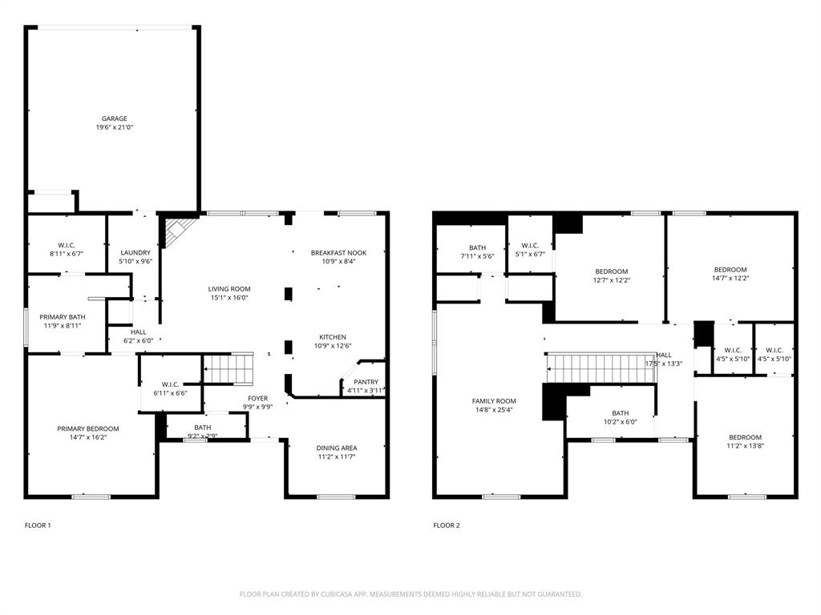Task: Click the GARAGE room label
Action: [x=114, y=119]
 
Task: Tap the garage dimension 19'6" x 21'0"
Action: [x=114, y=127]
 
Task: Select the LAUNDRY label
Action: [x=135, y=253]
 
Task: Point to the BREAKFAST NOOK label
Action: [x=339, y=253]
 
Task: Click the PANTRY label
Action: [x=366, y=382]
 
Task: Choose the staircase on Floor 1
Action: [x=228, y=370]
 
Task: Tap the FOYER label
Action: [x=257, y=398]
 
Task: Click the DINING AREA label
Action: [x=337, y=448]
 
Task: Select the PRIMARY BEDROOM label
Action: [x=87, y=428]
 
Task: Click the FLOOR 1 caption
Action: [x=38, y=525]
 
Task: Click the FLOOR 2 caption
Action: [x=447, y=525]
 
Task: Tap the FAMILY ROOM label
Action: [x=494, y=400]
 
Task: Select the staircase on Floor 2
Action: [x=601, y=368]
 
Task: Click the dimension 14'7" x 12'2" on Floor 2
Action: [x=730, y=279]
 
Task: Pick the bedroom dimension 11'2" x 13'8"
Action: [x=745, y=446]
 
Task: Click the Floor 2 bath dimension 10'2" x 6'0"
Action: [x=620, y=422]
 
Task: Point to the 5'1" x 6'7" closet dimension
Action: [x=530, y=255]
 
